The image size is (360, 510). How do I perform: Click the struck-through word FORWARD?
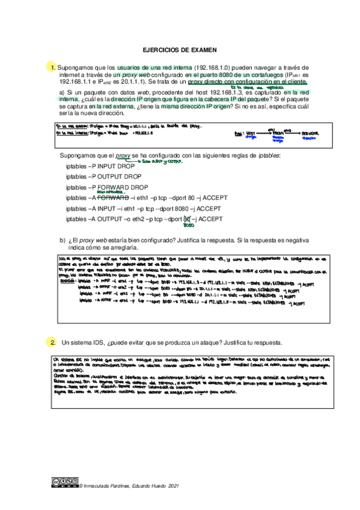coord(113,197)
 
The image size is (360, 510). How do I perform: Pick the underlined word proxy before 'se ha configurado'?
coord(123,155)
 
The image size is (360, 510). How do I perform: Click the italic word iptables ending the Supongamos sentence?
coord(267,155)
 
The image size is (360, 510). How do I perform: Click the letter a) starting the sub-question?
coord(62,91)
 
